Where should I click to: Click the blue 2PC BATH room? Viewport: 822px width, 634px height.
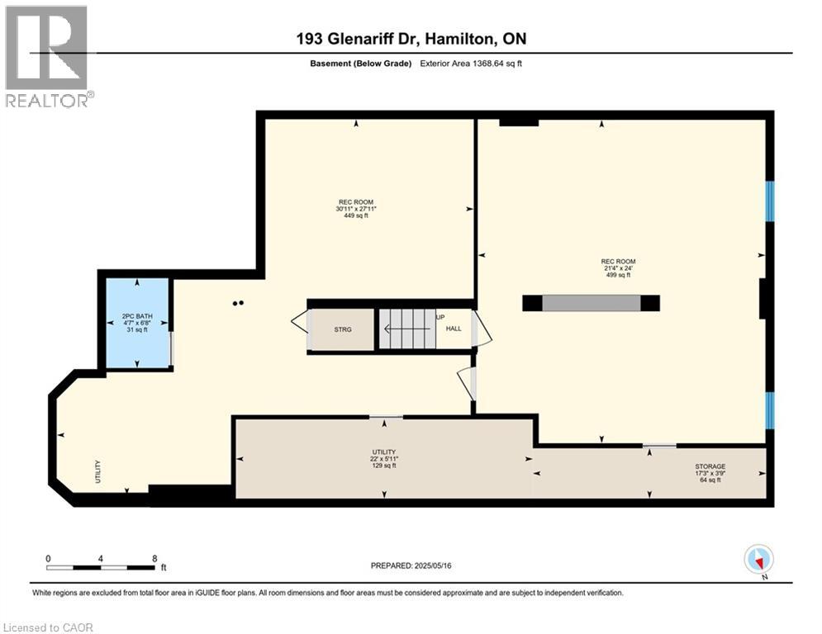tap(135, 323)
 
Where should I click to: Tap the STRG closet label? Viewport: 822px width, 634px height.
tap(342, 329)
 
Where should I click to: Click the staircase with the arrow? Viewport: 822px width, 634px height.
tap(406, 329)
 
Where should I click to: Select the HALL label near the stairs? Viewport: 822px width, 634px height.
tap(454, 329)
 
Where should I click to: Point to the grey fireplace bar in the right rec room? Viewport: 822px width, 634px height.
tap(592, 303)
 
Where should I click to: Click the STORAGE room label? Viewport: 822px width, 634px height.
tap(710, 466)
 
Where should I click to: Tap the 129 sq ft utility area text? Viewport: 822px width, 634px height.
tap(383, 466)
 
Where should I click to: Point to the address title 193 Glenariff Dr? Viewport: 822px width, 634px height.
tap(411, 39)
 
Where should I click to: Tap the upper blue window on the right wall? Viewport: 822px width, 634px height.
tap(769, 201)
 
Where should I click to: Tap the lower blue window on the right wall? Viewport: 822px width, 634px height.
tap(769, 410)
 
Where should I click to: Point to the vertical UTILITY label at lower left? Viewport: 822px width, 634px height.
tap(97, 471)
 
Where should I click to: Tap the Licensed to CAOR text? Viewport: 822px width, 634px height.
tap(47, 627)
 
